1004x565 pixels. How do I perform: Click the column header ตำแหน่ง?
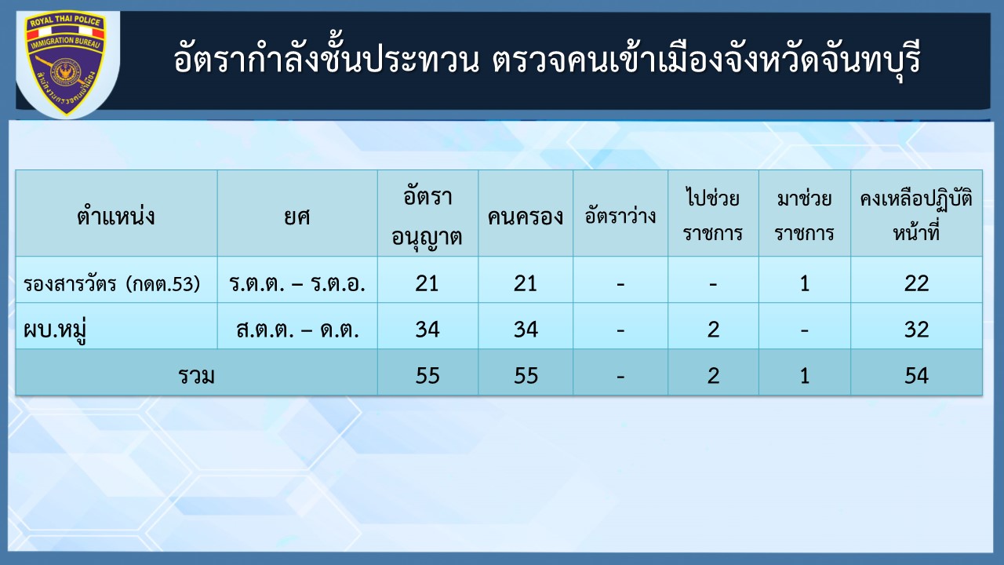pyautogui.click(x=116, y=217)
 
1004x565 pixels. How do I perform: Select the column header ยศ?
pyautogui.click(x=297, y=217)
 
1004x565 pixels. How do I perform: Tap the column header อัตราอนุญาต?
pyautogui.click(x=427, y=216)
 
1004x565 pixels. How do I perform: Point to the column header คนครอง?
pyautogui.click(x=526, y=217)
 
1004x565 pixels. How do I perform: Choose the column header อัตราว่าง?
pyautogui.click(x=620, y=216)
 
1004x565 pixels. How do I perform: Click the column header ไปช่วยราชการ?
pyautogui.click(x=713, y=215)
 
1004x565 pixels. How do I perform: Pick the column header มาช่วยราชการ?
pyautogui.click(x=804, y=215)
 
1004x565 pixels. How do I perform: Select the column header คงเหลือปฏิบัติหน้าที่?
pyautogui.click(x=916, y=215)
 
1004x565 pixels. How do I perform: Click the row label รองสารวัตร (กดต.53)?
pyautogui.click(x=112, y=284)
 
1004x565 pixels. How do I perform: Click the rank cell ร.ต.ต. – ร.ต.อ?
pyautogui.click(x=297, y=284)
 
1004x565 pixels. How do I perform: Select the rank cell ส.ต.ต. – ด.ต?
pyautogui.click(x=297, y=330)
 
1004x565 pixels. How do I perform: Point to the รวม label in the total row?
pyautogui.click(x=196, y=376)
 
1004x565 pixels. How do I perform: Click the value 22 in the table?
pyautogui.click(x=916, y=283)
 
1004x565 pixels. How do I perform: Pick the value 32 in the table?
pyautogui.click(x=916, y=330)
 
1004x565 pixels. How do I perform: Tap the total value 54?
pyautogui.click(x=916, y=376)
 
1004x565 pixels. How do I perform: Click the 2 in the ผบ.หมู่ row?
pyautogui.click(x=713, y=330)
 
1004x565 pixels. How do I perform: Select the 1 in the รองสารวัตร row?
pyautogui.click(x=805, y=283)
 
